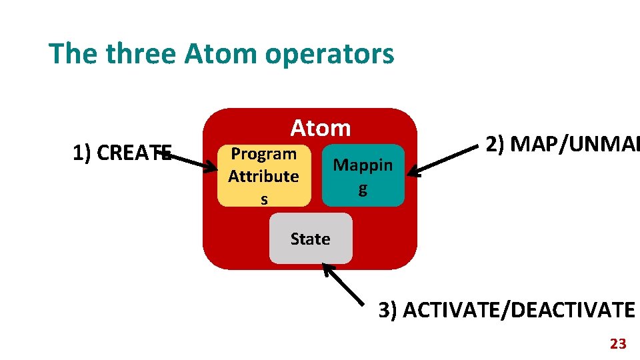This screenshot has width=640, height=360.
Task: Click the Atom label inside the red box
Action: [x=320, y=127]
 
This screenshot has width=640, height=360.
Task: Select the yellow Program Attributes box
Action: [x=264, y=175]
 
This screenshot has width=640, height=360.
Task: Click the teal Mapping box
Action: [x=363, y=175]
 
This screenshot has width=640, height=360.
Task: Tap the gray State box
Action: [x=311, y=239]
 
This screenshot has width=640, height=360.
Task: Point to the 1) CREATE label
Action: [x=122, y=153]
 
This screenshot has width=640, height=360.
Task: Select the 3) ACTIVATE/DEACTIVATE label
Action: [x=507, y=310]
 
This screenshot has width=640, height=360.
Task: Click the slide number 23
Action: [x=618, y=344]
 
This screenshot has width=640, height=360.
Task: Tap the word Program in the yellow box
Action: [x=263, y=154]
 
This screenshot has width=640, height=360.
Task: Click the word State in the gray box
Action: [x=311, y=239]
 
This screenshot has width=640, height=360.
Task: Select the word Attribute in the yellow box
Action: [x=263, y=176]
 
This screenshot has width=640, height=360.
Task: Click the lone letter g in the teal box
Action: [x=363, y=189]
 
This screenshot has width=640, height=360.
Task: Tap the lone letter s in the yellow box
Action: [x=264, y=199]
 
